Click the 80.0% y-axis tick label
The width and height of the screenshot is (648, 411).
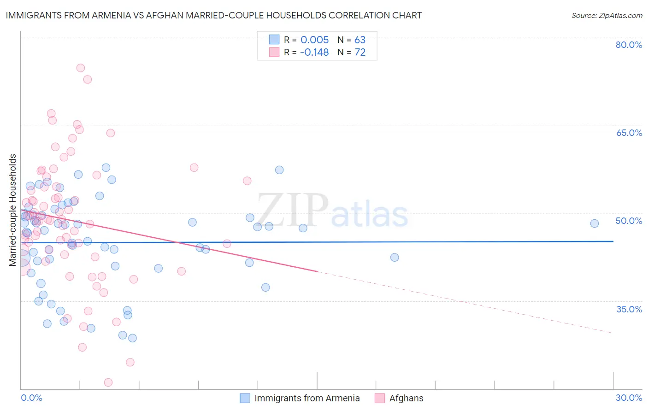click(x=629, y=45)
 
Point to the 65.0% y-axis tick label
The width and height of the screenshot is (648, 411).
click(x=629, y=133)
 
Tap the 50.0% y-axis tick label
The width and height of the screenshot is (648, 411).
click(x=629, y=221)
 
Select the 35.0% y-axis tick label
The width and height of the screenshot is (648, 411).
click(x=629, y=309)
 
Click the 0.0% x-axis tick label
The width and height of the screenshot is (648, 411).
click(x=31, y=398)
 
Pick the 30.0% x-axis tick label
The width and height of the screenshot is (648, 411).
click(x=629, y=398)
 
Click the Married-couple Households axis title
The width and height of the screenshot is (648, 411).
click(x=13, y=210)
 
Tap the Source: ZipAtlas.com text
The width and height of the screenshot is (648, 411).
click(x=607, y=15)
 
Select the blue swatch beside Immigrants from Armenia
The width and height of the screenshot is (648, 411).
click(x=245, y=398)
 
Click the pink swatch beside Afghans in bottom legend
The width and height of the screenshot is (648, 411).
click(x=379, y=398)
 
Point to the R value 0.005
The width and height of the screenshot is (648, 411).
click(x=314, y=40)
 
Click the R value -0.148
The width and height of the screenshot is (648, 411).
click(x=314, y=52)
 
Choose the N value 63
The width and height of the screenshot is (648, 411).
click(x=359, y=40)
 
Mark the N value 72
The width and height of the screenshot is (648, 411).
click(x=359, y=52)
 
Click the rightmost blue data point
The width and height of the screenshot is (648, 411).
click(x=594, y=223)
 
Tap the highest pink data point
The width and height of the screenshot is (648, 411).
click(x=80, y=68)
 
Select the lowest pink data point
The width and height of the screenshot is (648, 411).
click(x=108, y=382)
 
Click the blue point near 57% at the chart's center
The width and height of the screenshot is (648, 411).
click(x=279, y=170)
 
